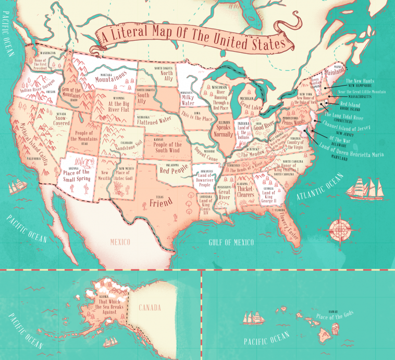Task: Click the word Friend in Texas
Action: [x=161, y=203]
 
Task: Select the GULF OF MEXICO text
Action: [x=230, y=242]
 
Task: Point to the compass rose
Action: [x=339, y=229]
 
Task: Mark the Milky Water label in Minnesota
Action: [x=188, y=100]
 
